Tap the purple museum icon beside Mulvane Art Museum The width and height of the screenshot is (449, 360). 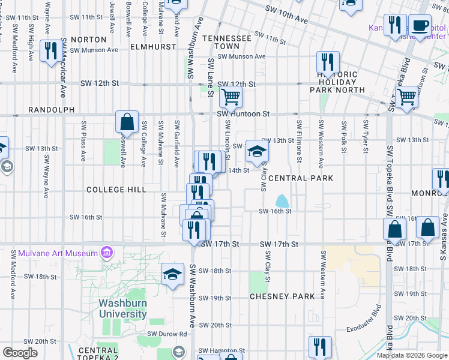click(107, 252)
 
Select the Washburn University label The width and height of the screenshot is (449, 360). click(123, 309)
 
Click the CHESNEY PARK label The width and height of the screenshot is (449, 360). click(282, 297)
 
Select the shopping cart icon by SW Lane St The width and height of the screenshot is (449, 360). click(230, 96)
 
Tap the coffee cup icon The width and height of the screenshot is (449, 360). click(420, 25)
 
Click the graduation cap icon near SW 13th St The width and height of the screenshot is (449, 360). click(257, 152)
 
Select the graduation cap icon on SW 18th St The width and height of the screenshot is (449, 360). click(173, 274)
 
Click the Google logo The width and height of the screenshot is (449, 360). click(20, 353)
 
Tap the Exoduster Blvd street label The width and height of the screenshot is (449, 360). click(364, 319)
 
